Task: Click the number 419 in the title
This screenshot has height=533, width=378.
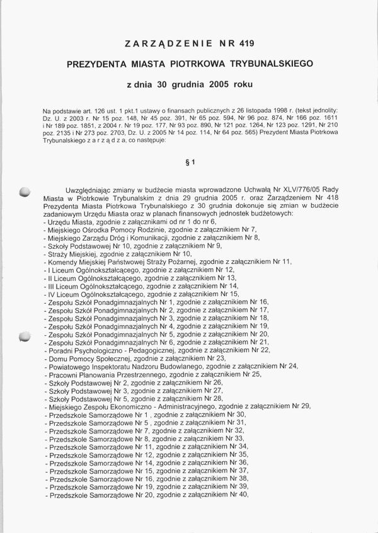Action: (246, 43)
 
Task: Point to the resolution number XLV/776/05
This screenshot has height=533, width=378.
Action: (297, 189)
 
